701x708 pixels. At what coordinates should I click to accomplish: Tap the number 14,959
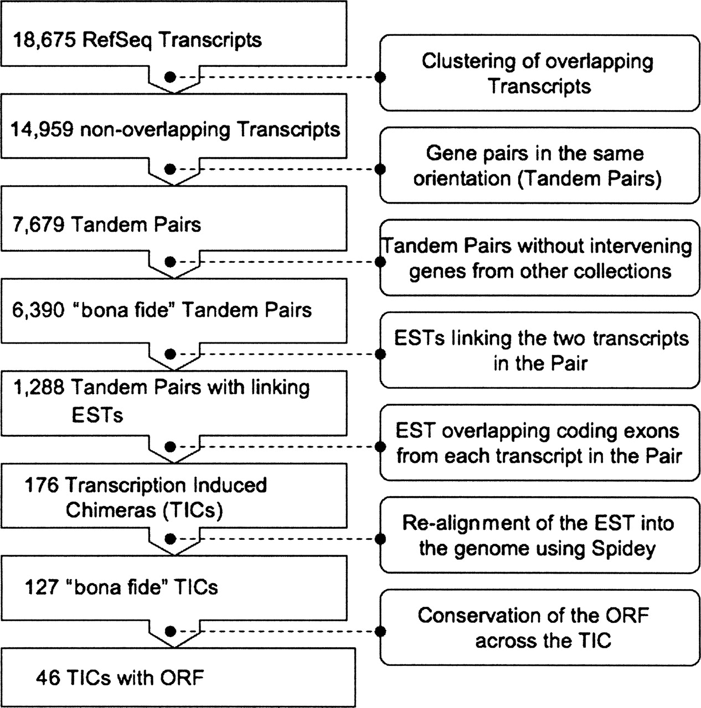pyautogui.click(x=43, y=130)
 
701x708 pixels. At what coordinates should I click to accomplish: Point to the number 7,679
pyautogui.click(x=38, y=225)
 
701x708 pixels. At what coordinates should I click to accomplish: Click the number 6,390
pyautogui.click(x=38, y=310)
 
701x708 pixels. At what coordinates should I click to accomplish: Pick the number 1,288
pyautogui.click(x=38, y=387)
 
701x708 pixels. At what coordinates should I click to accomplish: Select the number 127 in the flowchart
pyautogui.click(x=41, y=587)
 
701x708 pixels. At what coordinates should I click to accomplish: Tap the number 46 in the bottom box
pyautogui.click(x=47, y=677)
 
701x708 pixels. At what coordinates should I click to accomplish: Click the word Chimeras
pyautogui.click(x=111, y=510)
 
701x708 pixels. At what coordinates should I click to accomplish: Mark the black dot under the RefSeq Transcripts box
pyautogui.click(x=171, y=77)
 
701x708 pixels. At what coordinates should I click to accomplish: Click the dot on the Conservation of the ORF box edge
pyautogui.click(x=380, y=631)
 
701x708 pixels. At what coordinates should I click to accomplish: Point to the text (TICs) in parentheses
pyautogui.click(x=193, y=510)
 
